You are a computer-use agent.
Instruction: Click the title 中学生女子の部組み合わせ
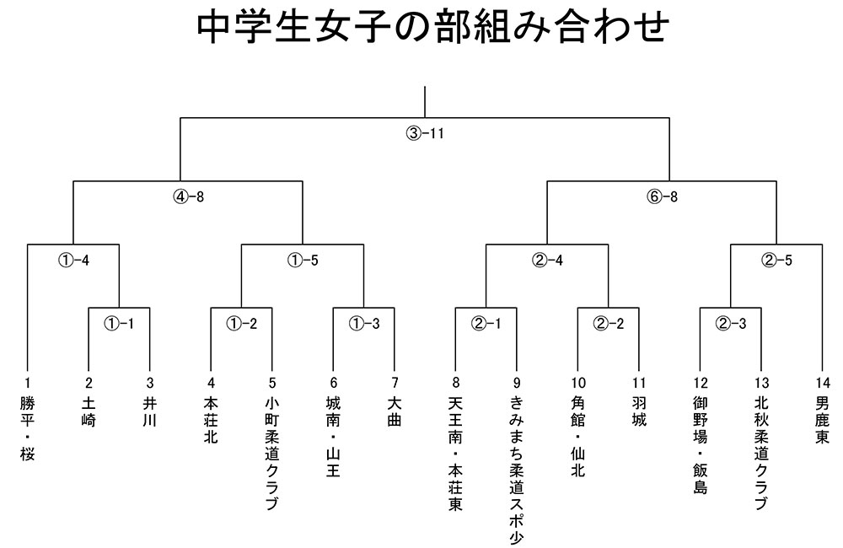(432, 27)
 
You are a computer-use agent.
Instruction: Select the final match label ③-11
(425, 133)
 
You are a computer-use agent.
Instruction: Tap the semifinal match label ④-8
(188, 196)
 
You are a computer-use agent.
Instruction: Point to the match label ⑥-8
(662, 196)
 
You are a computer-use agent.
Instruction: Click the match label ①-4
(73, 261)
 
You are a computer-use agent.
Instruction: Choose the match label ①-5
(303, 261)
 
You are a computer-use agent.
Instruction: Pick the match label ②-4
(547, 261)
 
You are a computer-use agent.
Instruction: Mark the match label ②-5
(776, 261)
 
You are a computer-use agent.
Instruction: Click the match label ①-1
(119, 324)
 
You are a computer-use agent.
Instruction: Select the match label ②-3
(731, 324)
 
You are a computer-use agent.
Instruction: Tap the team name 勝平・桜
(28, 428)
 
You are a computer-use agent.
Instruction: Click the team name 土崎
(89, 412)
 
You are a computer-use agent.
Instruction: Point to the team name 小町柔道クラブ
(272, 454)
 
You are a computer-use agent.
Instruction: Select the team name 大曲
(395, 412)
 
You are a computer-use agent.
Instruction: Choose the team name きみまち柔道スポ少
(517, 470)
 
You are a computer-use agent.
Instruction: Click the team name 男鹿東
(823, 420)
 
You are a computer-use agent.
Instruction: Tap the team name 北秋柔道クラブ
(762, 454)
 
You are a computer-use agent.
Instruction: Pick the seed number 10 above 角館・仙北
(578, 383)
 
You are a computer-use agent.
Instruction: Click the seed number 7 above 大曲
(395, 383)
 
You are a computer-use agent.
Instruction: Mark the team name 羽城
(639, 412)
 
